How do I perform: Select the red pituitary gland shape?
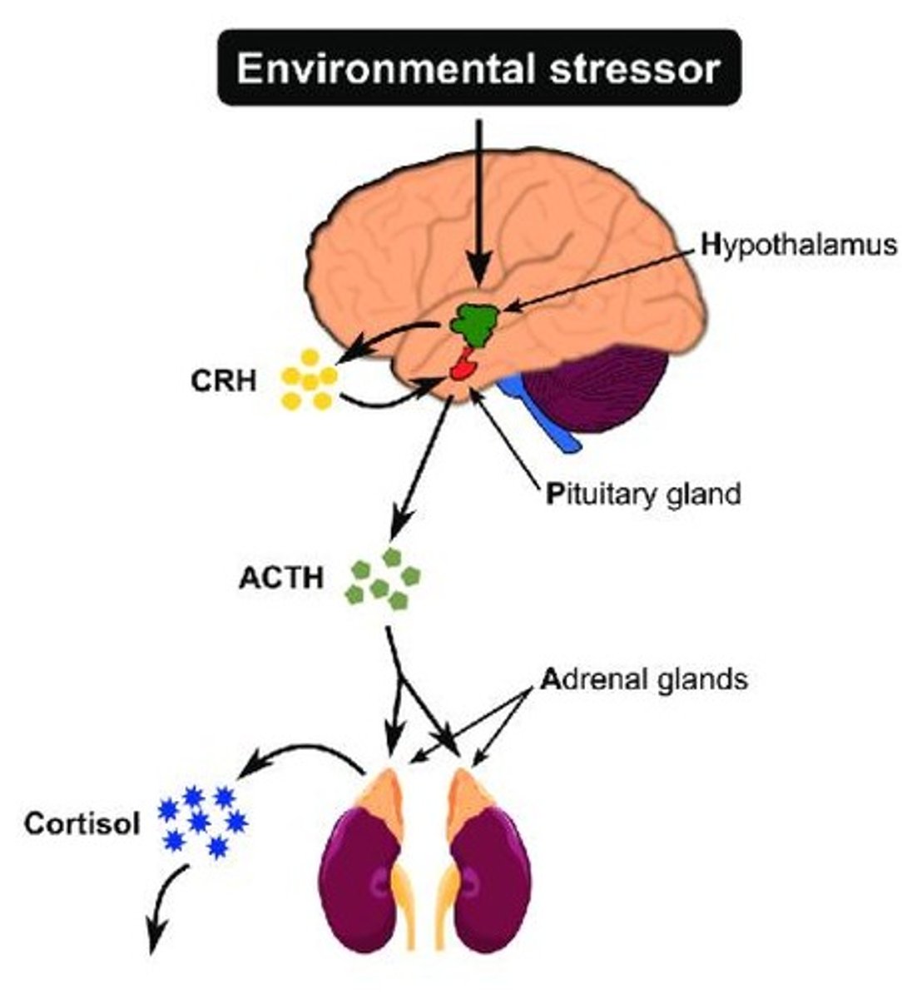[463, 366]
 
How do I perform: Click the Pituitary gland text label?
[642, 494]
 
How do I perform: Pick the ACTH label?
[280, 579]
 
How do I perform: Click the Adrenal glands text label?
[645, 679]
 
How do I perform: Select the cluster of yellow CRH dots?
[310, 380]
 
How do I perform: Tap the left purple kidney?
[363, 882]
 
